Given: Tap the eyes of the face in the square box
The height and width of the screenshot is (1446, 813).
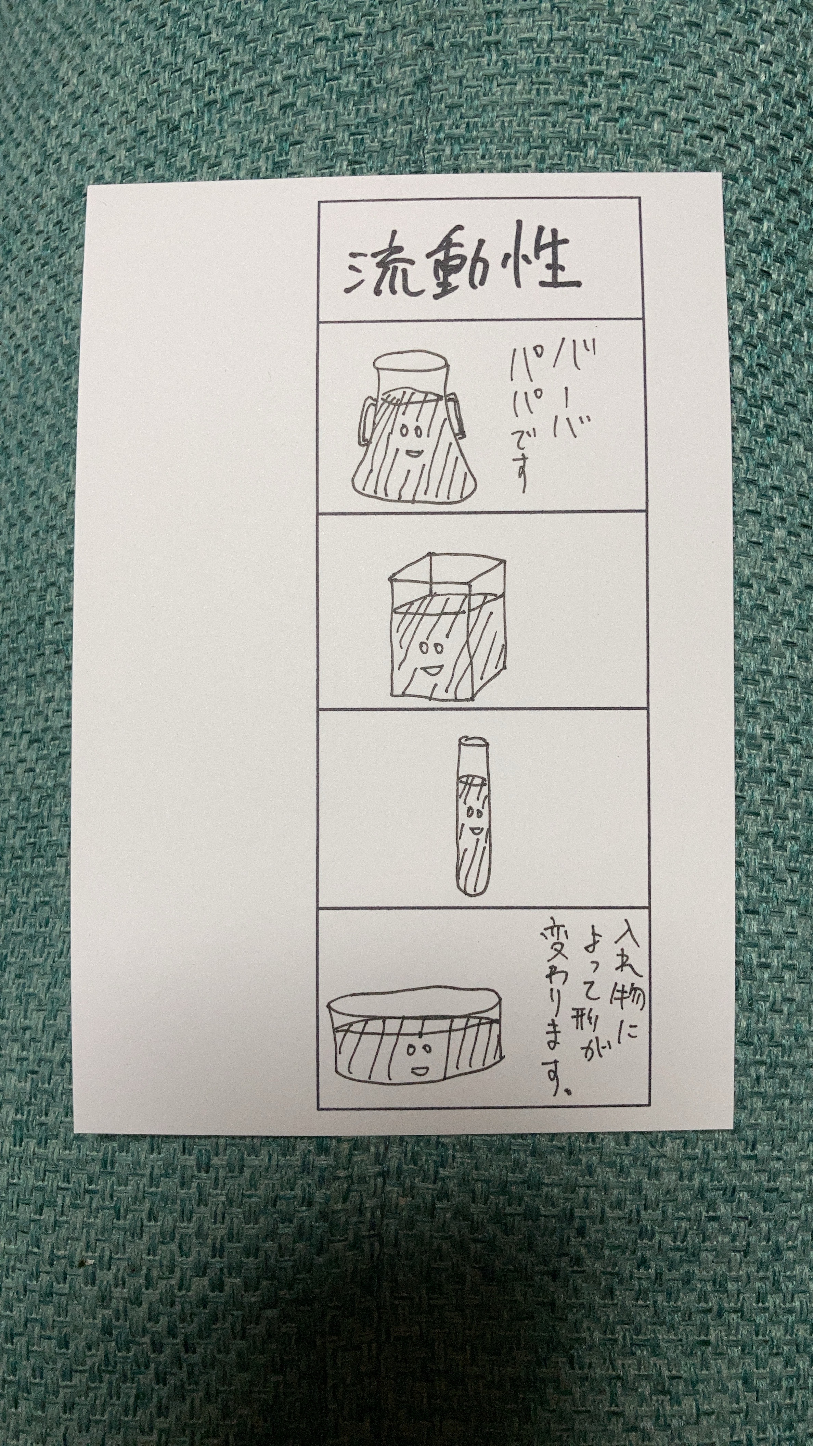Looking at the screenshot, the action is point(429,648).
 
